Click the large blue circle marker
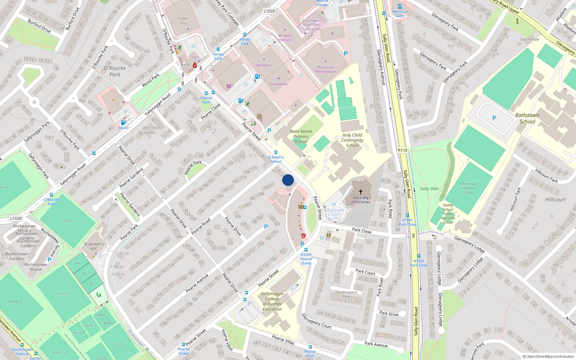click(x=288, y=180)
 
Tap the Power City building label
click(x=183, y=21)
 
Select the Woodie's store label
click(x=264, y=65)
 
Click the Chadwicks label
click(x=279, y=84)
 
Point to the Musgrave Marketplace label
click(x=325, y=69)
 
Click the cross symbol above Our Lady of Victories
click(x=360, y=192)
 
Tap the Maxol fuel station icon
click(x=123, y=122)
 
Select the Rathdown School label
click(x=527, y=118)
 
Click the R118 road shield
click(x=402, y=150)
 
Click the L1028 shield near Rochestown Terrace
click(x=16, y=218)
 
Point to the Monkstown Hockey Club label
click(x=468, y=188)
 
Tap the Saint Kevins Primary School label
click(x=301, y=136)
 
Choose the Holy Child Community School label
click(x=352, y=140)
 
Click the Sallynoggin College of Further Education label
click(x=272, y=301)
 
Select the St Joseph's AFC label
click(x=94, y=246)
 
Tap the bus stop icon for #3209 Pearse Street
click(x=306, y=249)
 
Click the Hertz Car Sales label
click(x=400, y=13)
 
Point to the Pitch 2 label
click(x=15, y=301)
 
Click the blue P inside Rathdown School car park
click(x=494, y=118)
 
